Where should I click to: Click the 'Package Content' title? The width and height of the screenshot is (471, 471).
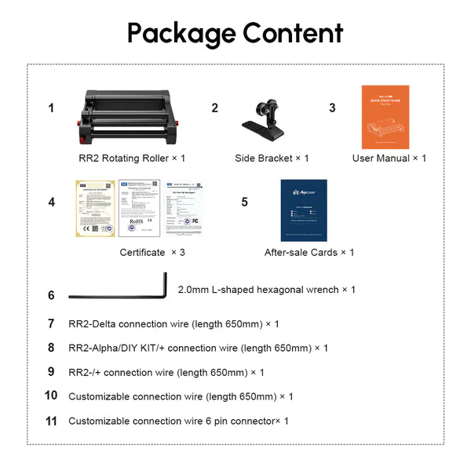235,33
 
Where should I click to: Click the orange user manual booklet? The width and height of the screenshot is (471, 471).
385,117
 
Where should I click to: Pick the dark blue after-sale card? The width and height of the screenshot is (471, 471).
304,210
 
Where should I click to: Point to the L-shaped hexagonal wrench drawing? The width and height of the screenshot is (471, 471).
118,292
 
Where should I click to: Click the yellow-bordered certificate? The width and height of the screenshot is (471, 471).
96,209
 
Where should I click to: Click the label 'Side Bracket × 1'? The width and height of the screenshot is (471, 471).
272,159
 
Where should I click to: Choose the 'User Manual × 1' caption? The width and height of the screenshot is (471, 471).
389,159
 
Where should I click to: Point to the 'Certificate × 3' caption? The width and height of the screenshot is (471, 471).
152,253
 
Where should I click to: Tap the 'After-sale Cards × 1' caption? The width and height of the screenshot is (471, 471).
309,253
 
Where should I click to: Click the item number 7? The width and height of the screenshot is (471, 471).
51,323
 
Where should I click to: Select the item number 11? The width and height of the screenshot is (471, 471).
52,421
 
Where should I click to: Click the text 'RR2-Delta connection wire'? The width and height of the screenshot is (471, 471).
126,323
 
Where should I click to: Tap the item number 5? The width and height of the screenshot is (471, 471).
244,203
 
